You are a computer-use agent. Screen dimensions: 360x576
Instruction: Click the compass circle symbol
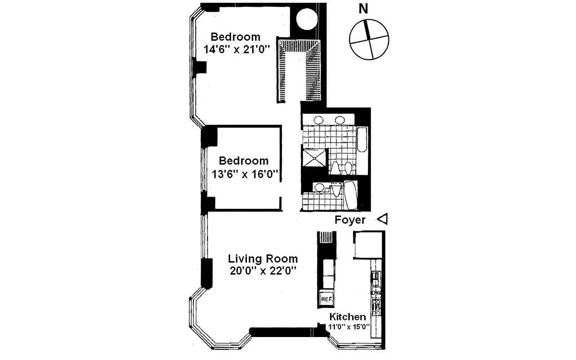pos(369,40)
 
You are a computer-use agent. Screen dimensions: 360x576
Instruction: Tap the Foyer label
pos(350,220)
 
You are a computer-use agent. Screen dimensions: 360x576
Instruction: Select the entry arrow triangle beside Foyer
pos(382,220)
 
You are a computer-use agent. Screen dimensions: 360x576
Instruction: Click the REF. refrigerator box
pos(326,298)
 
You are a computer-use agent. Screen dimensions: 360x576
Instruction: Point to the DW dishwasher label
pos(376,293)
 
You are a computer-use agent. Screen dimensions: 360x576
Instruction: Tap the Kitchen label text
pos(348,317)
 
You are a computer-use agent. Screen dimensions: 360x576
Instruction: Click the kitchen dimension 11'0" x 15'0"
pos(349,327)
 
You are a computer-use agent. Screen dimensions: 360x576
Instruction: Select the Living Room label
pos(263,259)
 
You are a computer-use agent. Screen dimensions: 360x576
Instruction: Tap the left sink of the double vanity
pos(318,120)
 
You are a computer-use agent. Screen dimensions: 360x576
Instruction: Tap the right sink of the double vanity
pos(340,120)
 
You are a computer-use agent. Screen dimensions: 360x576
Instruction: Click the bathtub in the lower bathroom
pos(351,195)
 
